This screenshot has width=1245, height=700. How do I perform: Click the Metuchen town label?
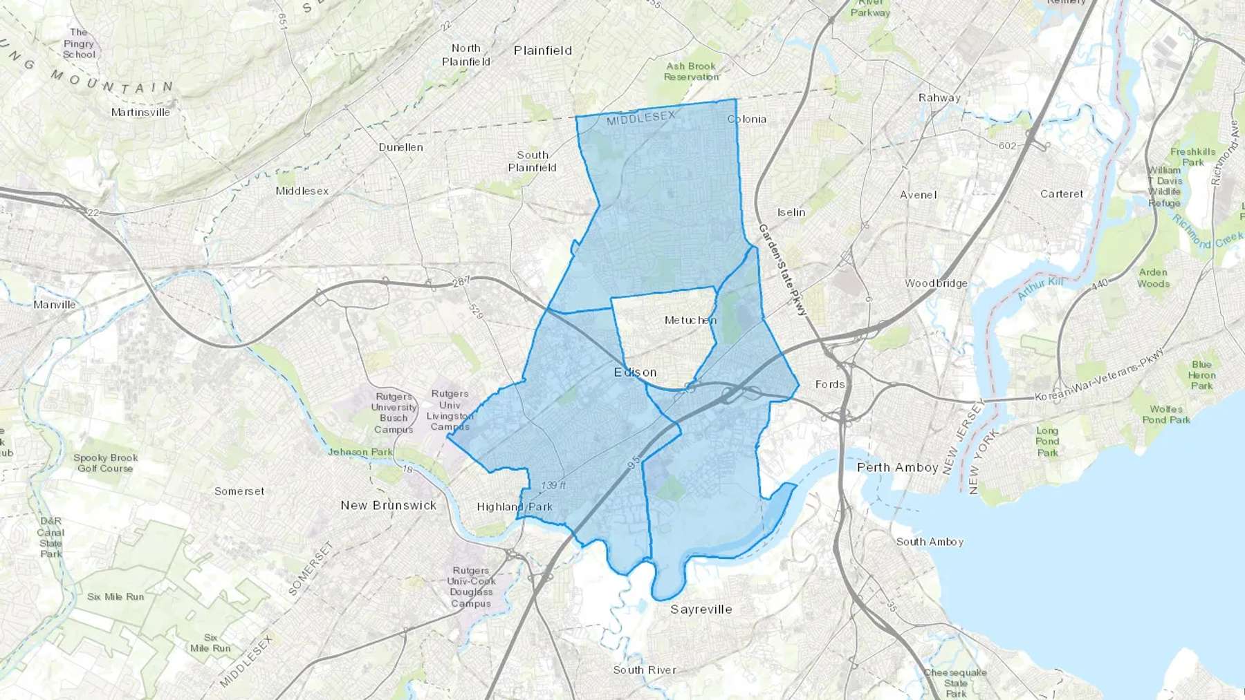point(690,320)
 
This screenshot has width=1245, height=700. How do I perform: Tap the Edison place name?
point(635,372)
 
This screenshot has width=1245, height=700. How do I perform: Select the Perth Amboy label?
point(897,467)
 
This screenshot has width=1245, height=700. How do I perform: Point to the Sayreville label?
point(701,609)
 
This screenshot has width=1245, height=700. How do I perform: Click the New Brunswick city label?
point(388,505)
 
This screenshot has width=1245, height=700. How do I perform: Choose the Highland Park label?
point(515,507)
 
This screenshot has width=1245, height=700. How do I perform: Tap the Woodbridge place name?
point(936,283)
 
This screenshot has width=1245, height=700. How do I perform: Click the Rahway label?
point(939,97)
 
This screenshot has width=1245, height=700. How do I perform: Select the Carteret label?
point(1061,194)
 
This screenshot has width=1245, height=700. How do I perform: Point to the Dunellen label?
point(400,147)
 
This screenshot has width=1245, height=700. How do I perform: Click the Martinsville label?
point(140,112)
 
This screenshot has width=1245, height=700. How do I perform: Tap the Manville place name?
point(55,305)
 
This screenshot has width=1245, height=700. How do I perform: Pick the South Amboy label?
point(930,542)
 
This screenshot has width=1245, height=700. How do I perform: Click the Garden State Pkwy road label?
point(782,270)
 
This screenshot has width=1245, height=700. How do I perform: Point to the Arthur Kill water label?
point(1040,287)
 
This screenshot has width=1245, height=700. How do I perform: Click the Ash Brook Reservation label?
point(691,72)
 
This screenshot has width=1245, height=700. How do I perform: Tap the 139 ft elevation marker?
point(553,485)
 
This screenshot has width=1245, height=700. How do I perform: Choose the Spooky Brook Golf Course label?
point(105,463)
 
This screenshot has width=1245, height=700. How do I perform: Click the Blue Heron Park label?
point(1201,375)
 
